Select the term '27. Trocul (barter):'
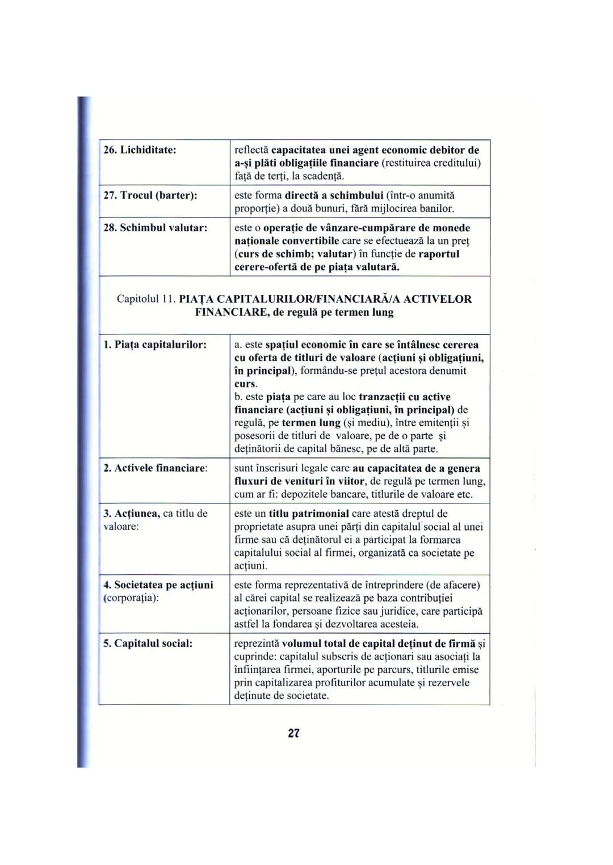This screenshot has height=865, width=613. (150, 196)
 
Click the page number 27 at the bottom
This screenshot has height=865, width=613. (293, 733)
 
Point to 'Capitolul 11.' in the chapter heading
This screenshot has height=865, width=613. (146, 299)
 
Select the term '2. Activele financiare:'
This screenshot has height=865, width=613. (155, 468)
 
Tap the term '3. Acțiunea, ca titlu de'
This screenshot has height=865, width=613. (155, 514)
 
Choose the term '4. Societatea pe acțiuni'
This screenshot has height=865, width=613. (158, 585)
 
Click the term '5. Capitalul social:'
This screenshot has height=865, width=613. (148, 644)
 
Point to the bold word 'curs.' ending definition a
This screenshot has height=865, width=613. (246, 384)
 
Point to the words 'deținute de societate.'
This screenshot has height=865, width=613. (282, 696)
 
